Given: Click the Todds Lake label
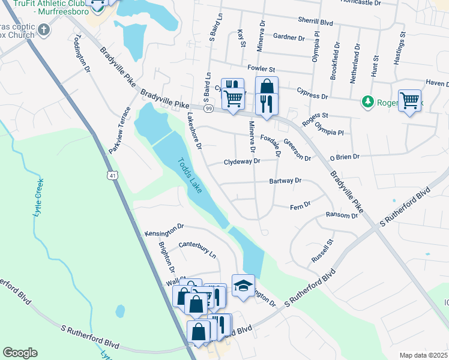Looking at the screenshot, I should point(190,175).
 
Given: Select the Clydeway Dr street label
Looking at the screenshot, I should point(242,161).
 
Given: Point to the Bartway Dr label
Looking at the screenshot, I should point(285,180).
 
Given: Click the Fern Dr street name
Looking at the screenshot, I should point(300,205).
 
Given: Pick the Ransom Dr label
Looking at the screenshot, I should point(341,215).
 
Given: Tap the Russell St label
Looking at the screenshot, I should point(322,251).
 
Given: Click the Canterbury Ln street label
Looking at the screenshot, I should point(197,250).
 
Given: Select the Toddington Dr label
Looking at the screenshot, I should point(82,53).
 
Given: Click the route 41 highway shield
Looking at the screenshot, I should point(113,175).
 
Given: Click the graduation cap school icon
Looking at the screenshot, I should point(243,286).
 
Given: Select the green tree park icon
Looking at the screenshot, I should point(368,103).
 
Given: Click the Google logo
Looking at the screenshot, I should point(20,352).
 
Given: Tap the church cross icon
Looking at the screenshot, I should point(44,29).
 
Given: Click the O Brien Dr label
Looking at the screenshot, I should point(344,157).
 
